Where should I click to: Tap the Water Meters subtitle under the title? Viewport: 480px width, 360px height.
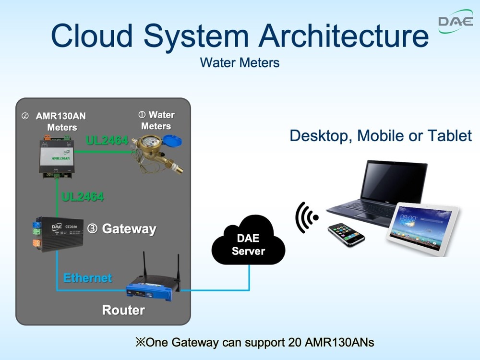(x=240, y=62)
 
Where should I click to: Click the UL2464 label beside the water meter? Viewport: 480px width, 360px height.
(x=107, y=141)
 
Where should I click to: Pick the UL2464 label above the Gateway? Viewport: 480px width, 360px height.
(x=83, y=196)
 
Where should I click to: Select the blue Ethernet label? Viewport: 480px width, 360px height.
(x=88, y=278)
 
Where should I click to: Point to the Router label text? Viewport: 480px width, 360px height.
(x=123, y=310)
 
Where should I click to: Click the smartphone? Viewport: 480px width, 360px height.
(x=346, y=234)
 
